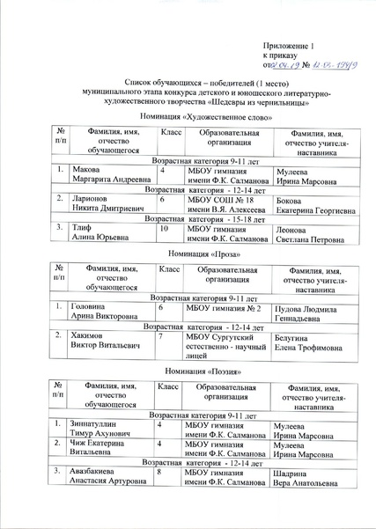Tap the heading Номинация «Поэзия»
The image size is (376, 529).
point(188,371)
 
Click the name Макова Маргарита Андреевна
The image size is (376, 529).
point(100,176)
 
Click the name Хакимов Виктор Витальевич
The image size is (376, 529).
point(100,341)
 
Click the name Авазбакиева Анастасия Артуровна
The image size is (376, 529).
point(100,479)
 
